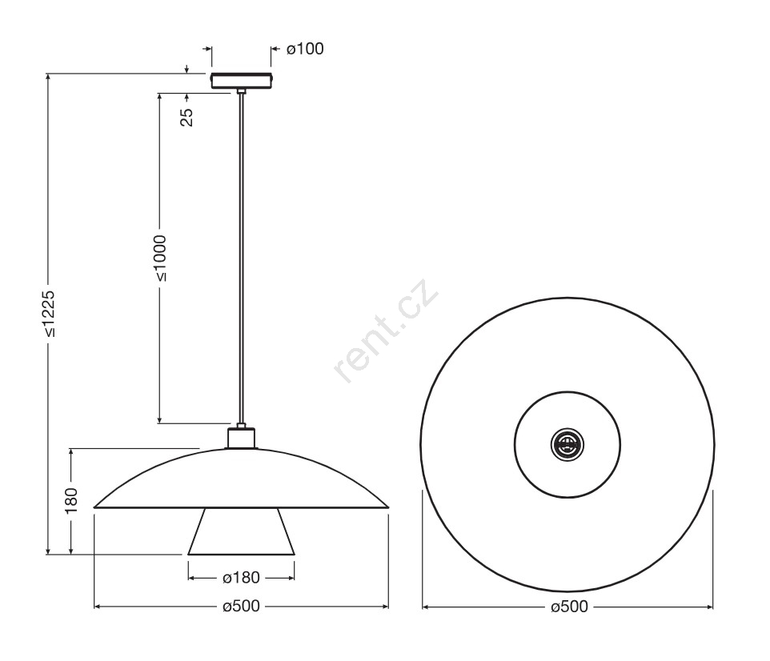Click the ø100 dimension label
pos(305,49)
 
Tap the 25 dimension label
pos(186,118)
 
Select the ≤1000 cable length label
pos(159,258)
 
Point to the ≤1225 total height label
pos(49,314)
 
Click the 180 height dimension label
pos(72,500)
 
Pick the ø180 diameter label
pos(241,578)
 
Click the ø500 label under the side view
pos(241,607)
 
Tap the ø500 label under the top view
pos(569,607)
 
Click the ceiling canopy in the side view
pos(241,81)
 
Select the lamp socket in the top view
pos(567,445)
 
